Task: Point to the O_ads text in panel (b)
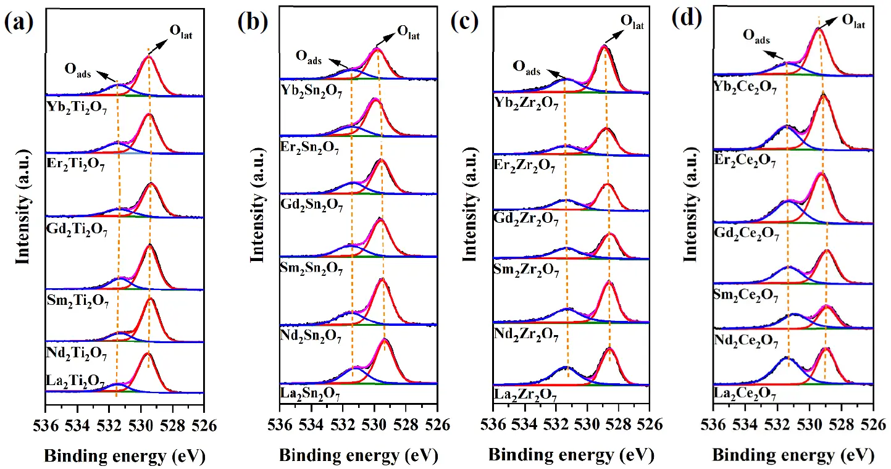(308, 56)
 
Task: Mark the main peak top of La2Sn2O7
(385, 339)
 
